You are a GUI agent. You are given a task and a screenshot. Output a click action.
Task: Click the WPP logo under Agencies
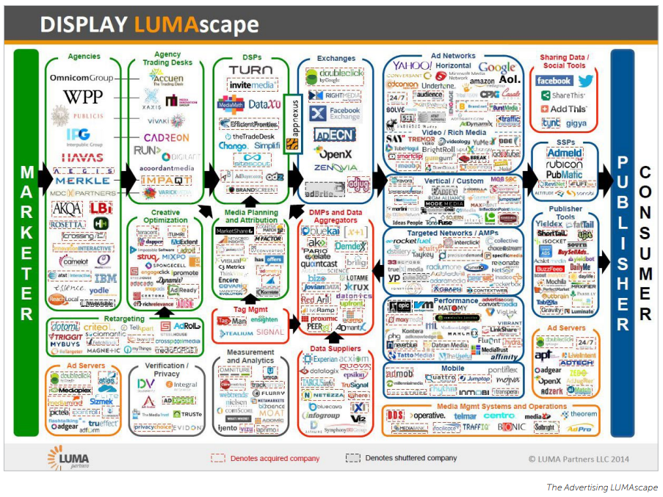tap(82, 97)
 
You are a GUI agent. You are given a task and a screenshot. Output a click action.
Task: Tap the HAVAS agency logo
tap(81, 156)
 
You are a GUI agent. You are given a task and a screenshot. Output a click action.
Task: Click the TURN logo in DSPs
tap(250, 70)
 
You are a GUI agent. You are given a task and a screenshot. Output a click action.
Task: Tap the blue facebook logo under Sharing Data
tap(554, 81)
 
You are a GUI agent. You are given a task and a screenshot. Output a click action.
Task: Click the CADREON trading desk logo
tap(166, 137)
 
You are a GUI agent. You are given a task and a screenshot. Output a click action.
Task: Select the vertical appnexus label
tap(291, 125)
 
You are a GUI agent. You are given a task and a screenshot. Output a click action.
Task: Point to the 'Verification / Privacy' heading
tap(166, 369)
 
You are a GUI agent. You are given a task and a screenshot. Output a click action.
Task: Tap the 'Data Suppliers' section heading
tap(335, 349)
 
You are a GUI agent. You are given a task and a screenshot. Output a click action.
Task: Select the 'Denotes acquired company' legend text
tap(275, 458)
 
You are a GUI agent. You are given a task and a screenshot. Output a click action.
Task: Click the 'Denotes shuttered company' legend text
tap(411, 458)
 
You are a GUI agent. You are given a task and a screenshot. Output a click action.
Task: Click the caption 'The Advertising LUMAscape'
tap(601, 487)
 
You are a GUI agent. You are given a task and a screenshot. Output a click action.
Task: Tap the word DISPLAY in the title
tap(84, 26)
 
